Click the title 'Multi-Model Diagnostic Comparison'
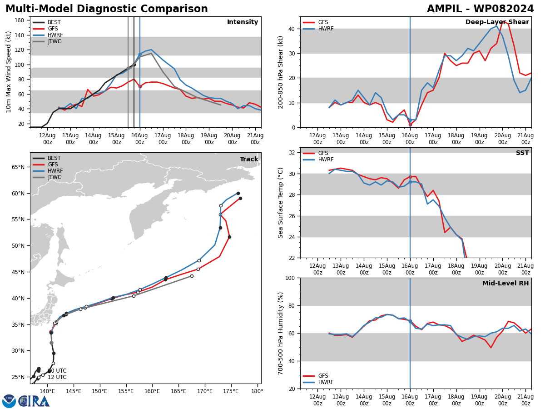107,9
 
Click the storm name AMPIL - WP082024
480,9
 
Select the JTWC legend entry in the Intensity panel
47,41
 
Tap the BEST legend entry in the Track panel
47,158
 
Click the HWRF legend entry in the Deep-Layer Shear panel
318,29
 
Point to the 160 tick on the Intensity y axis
19,20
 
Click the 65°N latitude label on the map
18,167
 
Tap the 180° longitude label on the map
257,391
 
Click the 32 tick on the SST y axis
292,153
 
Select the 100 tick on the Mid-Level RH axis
290,278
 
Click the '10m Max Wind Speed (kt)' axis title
8,72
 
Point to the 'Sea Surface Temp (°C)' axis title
280,203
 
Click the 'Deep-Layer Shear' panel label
497,22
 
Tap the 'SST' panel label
522,153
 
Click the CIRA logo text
34,401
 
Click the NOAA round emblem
9,401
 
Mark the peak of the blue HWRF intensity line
151,50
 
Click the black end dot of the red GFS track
240,199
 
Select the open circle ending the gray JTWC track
192,276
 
